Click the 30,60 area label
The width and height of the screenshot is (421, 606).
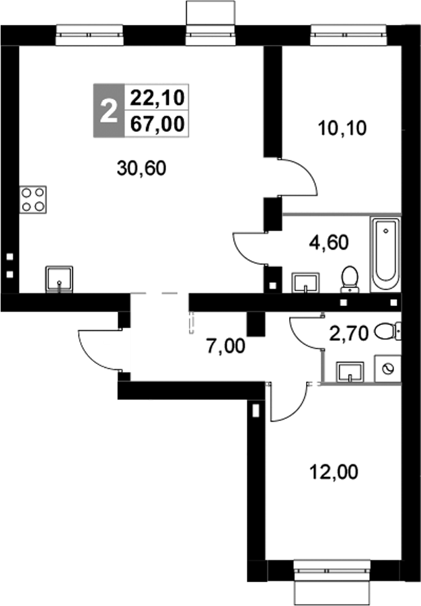click(141, 169)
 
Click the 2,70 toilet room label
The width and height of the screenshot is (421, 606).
click(347, 333)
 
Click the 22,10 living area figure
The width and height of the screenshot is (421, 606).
click(157, 98)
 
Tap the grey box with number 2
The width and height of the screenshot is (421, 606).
click(106, 111)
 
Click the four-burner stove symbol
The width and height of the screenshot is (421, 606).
click(34, 199)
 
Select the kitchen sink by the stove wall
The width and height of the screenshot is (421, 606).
click(60, 278)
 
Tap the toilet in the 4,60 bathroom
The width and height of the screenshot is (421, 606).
click(350, 279)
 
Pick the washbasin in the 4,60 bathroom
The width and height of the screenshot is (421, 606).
click(307, 283)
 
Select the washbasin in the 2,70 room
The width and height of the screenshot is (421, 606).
click(349, 371)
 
